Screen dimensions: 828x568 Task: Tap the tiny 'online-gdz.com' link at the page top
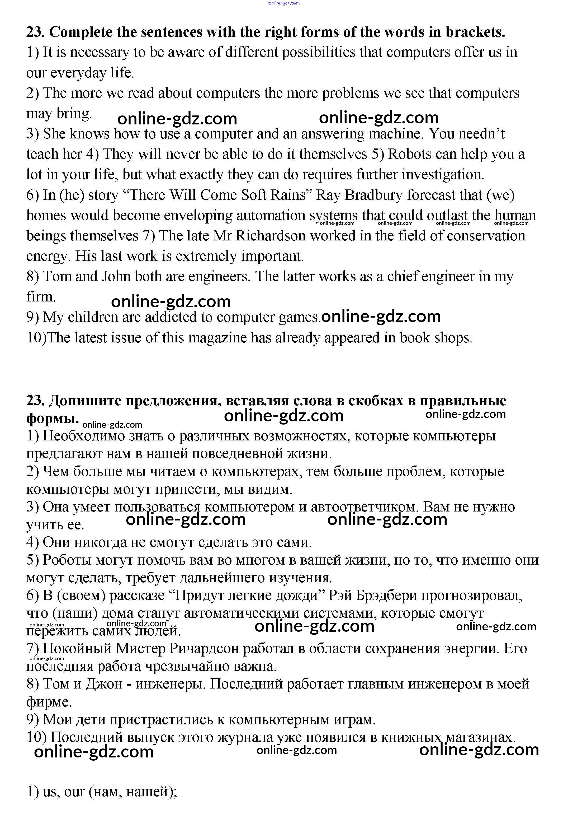284,3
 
